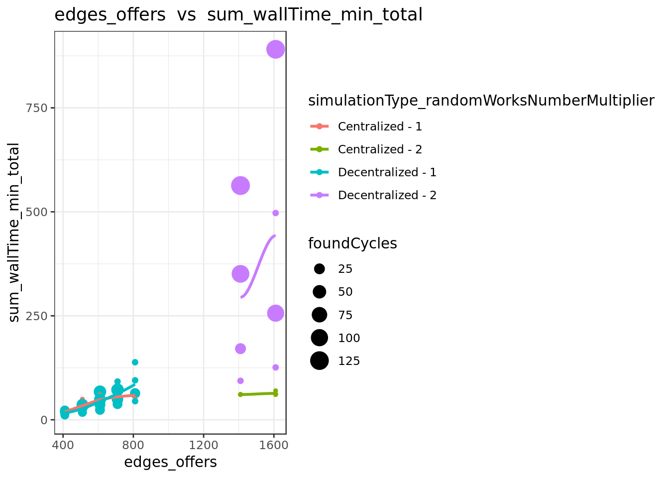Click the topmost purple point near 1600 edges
click(x=275, y=49)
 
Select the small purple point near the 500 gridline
click(x=275, y=213)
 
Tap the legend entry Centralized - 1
click(x=366, y=126)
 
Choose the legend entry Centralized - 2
click(x=366, y=149)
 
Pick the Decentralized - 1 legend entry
click(x=373, y=172)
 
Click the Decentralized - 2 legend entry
click(x=373, y=195)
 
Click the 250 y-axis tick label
click(x=37, y=316)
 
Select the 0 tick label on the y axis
click(x=44, y=420)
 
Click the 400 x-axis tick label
click(x=63, y=445)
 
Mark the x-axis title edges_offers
click(x=170, y=462)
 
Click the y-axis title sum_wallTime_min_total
click(x=14, y=233)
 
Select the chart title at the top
click(x=238, y=14)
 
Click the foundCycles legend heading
click(x=352, y=243)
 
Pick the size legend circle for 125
click(x=319, y=360)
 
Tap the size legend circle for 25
click(x=319, y=269)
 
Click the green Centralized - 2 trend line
click(x=258, y=394)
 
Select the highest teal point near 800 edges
click(x=135, y=362)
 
